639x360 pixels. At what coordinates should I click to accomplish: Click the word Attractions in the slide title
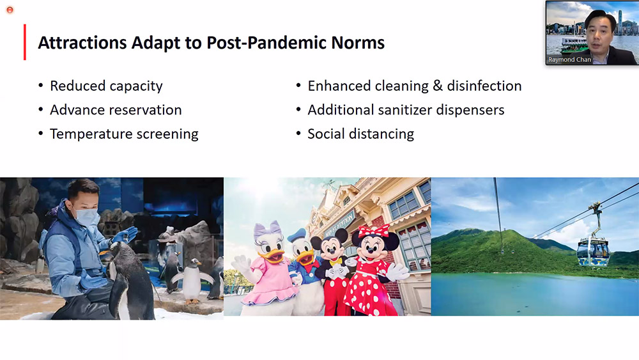pos(82,43)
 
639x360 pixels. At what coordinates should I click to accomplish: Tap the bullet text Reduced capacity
pos(106,86)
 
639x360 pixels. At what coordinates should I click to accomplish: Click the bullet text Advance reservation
pos(116,110)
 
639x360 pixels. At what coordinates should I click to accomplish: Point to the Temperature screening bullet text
pos(124,134)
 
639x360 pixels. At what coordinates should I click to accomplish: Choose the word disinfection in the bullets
pos(484,86)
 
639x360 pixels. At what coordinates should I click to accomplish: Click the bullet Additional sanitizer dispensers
pos(406,110)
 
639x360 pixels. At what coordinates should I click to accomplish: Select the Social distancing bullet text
pos(360,134)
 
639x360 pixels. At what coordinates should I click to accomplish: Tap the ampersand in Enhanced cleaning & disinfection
pos(438,86)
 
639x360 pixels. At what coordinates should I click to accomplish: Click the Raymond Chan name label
pos(569,59)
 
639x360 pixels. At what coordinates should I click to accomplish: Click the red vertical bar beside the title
pos(25,42)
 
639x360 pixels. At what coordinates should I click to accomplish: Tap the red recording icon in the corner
pos(10,10)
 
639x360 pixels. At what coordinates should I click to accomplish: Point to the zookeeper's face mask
pos(87,217)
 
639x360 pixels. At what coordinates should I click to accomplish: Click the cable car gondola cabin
pos(593,251)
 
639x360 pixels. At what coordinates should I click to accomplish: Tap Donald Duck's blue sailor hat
pos(296,236)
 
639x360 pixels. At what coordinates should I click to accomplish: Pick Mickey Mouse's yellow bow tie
pos(335,262)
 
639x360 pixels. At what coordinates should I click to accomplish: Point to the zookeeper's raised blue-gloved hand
pos(126,235)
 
